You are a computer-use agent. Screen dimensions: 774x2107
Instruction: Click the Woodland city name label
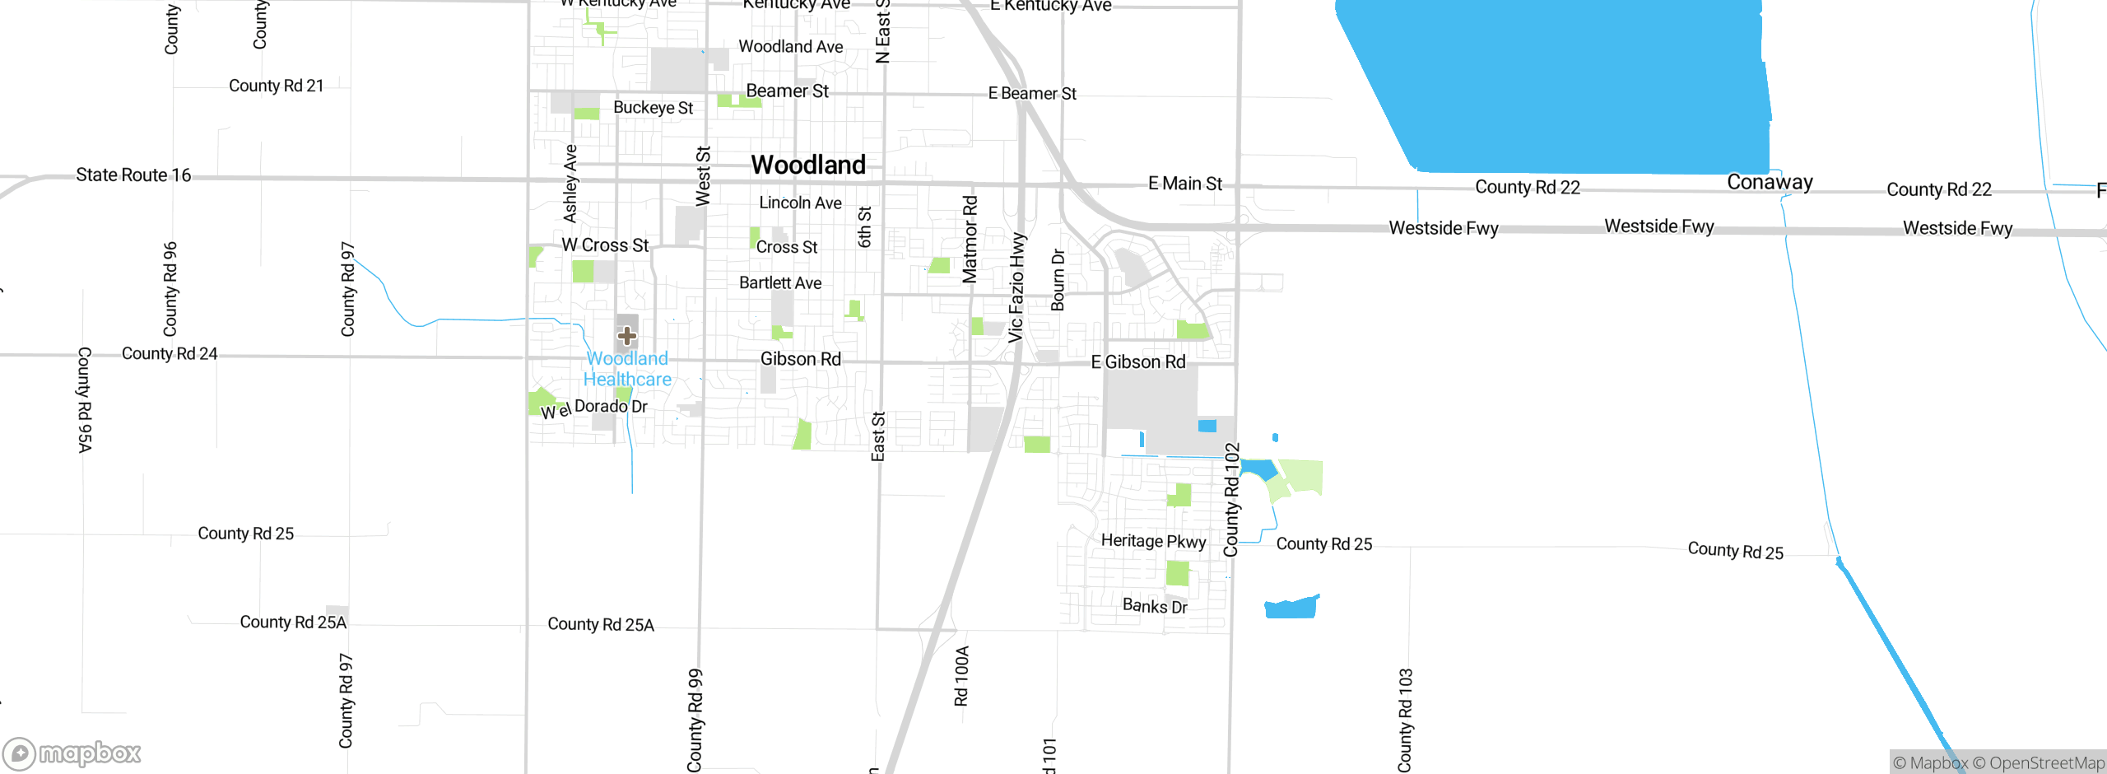coord(807,165)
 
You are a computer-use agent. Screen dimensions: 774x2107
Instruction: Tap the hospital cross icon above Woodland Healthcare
coord(627,335)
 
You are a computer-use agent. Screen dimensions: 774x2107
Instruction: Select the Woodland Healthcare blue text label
coord(627,369)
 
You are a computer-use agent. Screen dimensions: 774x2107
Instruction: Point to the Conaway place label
coord(1770,182)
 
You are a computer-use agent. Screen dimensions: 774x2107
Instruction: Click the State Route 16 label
coord(133,175)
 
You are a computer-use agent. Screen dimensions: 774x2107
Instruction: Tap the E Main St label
coord(1185,184)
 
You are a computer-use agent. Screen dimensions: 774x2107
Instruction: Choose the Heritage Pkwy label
coord(1153,541)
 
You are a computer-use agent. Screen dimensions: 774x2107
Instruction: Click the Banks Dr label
coord(1155,606)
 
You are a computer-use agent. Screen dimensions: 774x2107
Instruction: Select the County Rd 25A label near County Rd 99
coord(601,624)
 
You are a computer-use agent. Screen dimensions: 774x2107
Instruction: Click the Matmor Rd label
coord(970,239)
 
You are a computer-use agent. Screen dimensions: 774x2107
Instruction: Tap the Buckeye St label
coord(653,108)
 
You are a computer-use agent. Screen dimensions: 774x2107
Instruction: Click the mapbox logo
coord(72,753)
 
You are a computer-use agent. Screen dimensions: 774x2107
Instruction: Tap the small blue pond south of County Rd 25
coord(1291,608)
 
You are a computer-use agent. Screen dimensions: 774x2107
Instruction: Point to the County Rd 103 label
coord(1405,720)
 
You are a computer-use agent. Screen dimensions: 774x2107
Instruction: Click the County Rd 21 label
coord(276,86)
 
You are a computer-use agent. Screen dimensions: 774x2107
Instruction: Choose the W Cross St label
coord(605,245)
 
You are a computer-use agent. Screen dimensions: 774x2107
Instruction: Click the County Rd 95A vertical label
coord(84,399)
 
